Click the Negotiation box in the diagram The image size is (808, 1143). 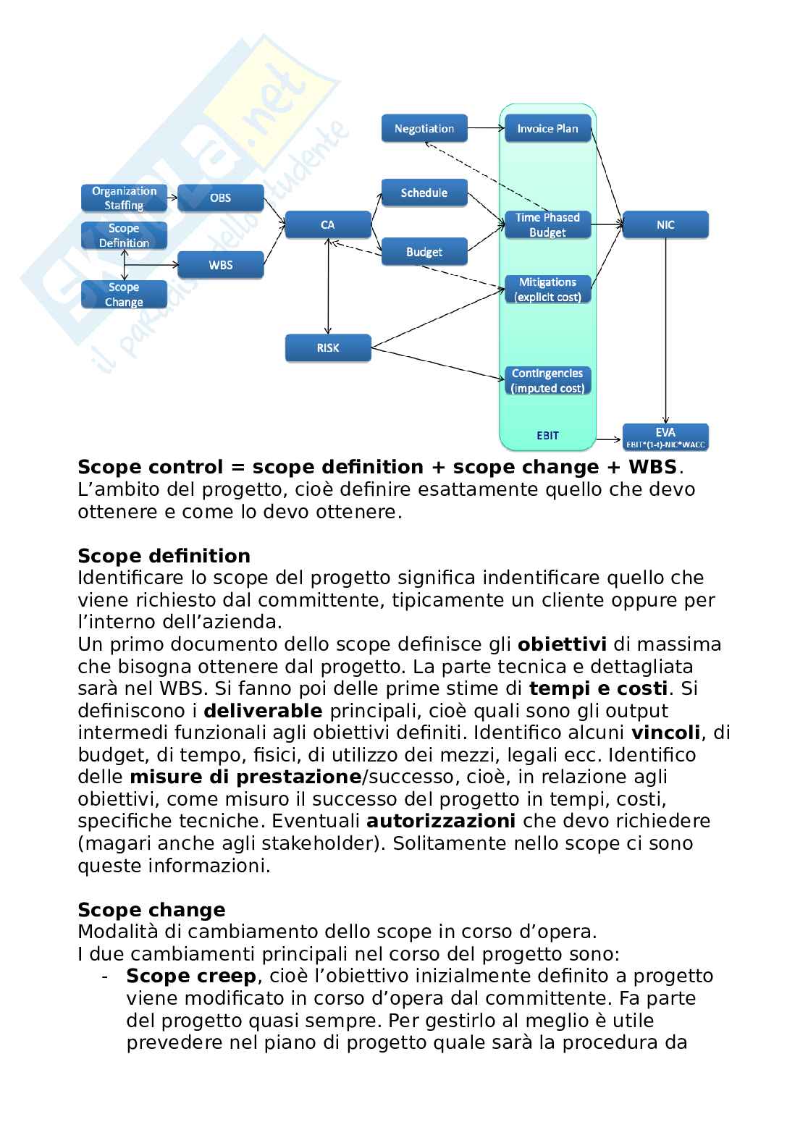coord(424,129)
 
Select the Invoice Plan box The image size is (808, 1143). coord(547,129)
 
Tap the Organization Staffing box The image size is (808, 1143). coord(124,198)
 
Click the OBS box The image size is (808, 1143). coord(220,198)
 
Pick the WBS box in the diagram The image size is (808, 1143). coord(220,265)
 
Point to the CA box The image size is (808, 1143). coord(327,225)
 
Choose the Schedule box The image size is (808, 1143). coord(424,193)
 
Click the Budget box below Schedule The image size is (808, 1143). coord(424,252)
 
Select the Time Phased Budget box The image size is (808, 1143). coord(547,225)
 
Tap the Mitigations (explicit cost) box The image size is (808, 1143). coord(547,290)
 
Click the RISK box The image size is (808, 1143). coord(327,348)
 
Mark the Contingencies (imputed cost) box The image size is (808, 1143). coord(547,381)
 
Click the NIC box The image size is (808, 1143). coord(665,225)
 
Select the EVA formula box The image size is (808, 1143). coord(665,437)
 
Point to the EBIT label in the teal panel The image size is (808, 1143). coord(547,436)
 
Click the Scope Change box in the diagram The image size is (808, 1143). coord(124,295)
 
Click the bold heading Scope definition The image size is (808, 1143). coord(164,556)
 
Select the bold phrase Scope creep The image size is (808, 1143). coord(191,977)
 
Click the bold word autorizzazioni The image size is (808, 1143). coord(441,822)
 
